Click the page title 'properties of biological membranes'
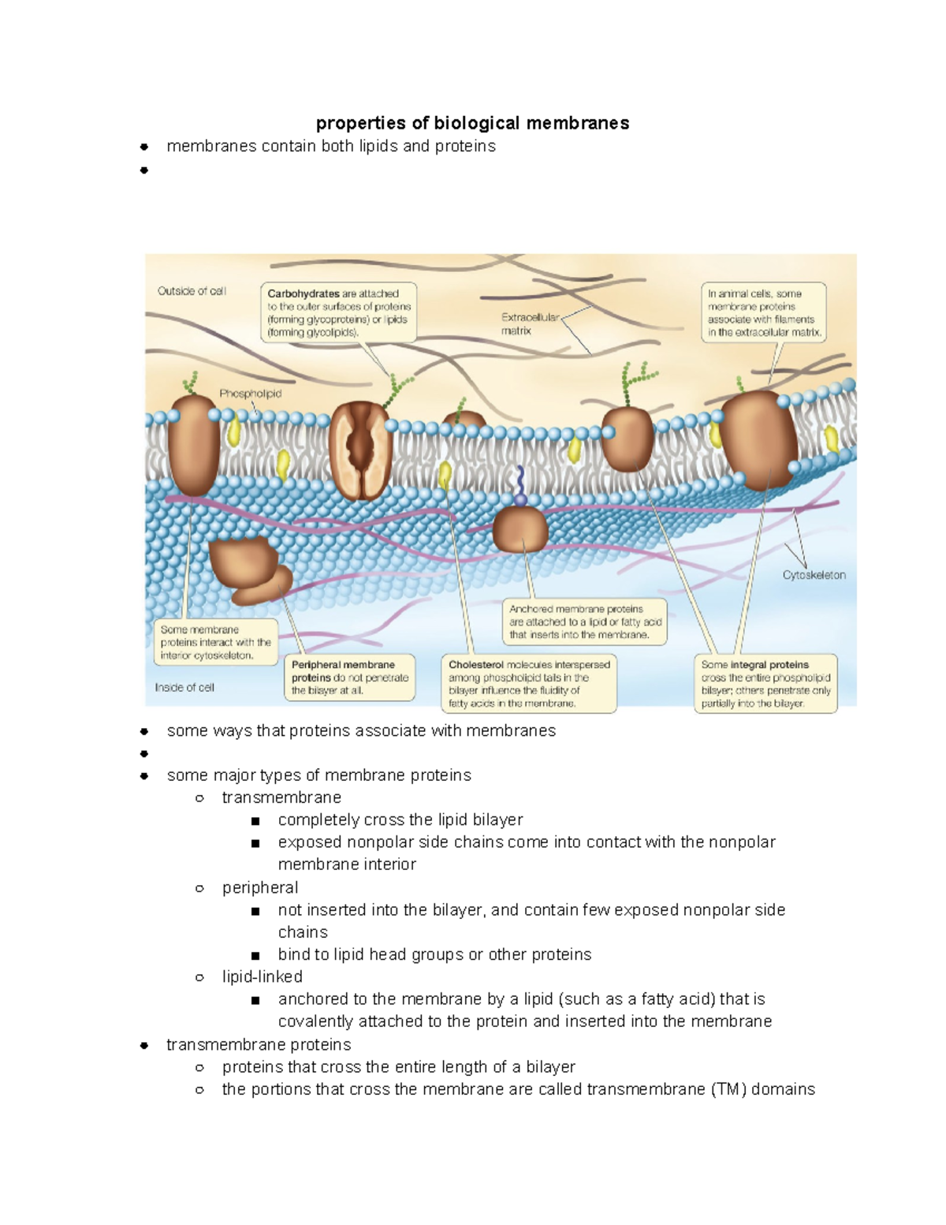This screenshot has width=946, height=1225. pos(472,123)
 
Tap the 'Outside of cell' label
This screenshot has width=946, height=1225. pos(192,291)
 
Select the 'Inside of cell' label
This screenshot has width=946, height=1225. pos(184,687)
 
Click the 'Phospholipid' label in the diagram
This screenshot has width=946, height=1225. pos(250,394)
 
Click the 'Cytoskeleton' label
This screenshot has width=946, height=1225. pos(814,575)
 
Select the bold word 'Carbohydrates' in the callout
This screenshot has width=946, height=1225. pos(304,293)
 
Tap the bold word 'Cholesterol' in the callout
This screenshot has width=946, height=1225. pos(476,665)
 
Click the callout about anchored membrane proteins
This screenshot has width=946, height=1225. pos(585,622)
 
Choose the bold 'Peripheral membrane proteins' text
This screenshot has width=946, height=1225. pos(343,671)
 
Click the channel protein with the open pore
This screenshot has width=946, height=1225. pos(360,450)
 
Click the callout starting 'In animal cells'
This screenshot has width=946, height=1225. pos(764,312)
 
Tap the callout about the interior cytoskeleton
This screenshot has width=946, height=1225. pos(215,642)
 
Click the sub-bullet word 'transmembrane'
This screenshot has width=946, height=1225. pos(281,797)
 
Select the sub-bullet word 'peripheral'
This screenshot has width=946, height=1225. pos(260,887)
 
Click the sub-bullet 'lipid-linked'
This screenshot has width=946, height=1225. pos(263,977)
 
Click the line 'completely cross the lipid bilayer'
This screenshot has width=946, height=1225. pos(400,820)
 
